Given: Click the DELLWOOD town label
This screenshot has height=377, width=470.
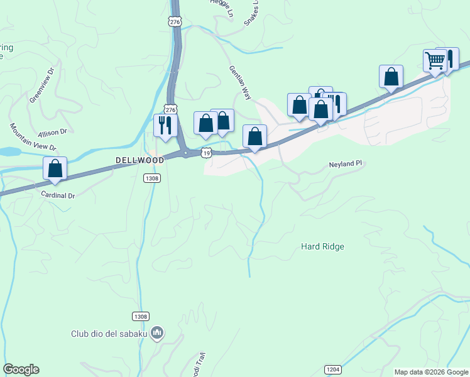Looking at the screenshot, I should pos(139,160).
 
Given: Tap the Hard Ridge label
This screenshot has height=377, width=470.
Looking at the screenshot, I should pos(322,247).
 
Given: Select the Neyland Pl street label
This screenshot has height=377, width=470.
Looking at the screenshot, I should pos(346,163).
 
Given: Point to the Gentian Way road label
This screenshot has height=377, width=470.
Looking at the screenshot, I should pos(241,82).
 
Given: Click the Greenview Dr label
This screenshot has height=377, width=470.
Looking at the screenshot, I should pos(43,91).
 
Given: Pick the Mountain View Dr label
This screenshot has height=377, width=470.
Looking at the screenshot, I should pos(33,137).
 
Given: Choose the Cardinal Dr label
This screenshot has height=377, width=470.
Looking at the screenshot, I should pos(57,195).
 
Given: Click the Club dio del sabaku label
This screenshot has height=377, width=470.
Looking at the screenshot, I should pos(109,334).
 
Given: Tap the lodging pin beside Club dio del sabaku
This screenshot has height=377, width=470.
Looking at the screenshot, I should pos(157,332).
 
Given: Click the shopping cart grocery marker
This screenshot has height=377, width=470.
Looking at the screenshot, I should pos(435,62).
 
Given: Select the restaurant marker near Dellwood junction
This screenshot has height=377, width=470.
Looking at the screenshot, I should pos(165,125).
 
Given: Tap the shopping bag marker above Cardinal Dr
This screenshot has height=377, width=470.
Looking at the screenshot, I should pos(55,168).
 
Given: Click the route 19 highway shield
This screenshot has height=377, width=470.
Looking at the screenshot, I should pos(206,153).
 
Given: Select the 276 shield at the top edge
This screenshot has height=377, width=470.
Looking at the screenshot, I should pos(175,21).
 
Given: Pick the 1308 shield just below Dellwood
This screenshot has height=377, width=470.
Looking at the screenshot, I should pos(152,178).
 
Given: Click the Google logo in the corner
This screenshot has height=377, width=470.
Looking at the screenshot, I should pos(21,369).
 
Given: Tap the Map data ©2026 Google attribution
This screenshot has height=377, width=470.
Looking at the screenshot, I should pos(430,372).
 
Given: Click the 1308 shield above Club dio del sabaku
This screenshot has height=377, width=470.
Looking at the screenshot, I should pos(141,316).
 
